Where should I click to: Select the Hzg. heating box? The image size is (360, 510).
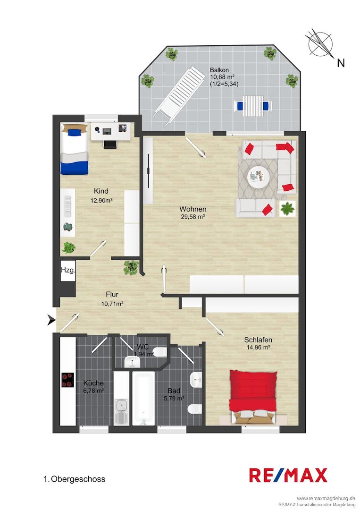(x=68, y=270)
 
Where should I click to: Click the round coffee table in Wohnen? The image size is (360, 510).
(x=259, y=177)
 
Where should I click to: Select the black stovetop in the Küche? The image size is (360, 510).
(x=68, y=380)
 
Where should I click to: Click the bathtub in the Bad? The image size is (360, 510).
(x=144, y=399)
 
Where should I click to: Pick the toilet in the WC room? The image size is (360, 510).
(x=159, y=352)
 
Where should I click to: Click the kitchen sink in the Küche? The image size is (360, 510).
(x=122, y=412)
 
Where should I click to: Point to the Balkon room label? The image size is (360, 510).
(x=219, y=69)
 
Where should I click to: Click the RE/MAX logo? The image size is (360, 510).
(x=288, y=475)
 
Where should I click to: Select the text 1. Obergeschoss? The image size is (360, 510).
(x=75, y=479)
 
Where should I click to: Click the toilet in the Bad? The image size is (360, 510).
(x=194, y=408)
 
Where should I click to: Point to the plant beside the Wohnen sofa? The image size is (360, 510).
(x=287, y=208)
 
